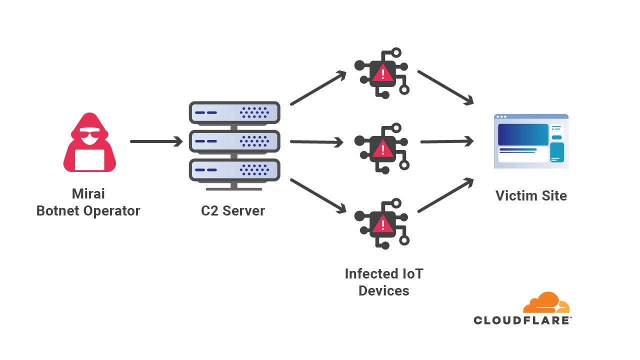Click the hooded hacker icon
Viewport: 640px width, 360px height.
[x=89, y=142]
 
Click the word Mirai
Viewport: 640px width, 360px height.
[x=88, y=193]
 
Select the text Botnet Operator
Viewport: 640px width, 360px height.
[x=88, y=210]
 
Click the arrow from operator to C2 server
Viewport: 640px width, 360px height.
[x=156, y=141]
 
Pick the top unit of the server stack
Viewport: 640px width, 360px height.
[x=234, y=113]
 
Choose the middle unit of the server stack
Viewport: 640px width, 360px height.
[x=234, y=142]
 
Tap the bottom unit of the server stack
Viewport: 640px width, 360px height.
[x=234, y=170]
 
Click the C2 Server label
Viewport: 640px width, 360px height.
[x=233, y=210]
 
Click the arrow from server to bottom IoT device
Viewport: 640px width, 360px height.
[x=318, y=195]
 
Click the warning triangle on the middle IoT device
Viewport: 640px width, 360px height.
[x=383, y=148]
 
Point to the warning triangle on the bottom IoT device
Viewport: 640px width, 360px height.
[x=383, y=223]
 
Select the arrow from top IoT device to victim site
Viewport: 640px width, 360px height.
[x=445, y=87]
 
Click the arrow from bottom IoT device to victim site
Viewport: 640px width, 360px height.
[x=445, y=195]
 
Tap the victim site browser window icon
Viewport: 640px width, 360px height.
[x=531, y=141]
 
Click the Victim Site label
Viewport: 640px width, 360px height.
[x=531, y=195]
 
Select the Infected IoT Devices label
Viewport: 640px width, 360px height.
[x=383, y=282]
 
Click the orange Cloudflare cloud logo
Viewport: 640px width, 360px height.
[x=546, y=302]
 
